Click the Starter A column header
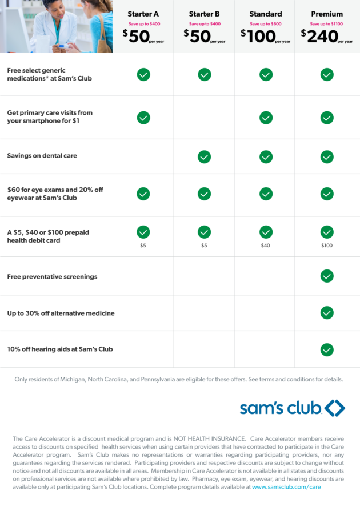[143, 14]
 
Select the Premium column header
[327, 14]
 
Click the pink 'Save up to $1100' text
[326, 23]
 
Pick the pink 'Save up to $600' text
[266, 23]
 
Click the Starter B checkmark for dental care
[204, 157]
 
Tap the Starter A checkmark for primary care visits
[143, 118]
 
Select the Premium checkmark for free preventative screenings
[327, 276]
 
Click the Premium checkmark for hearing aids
[327, 349]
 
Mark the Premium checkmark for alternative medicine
[327, 313]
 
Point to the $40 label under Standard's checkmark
[266, 246]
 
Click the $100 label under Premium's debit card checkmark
[327, 246]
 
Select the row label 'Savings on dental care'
[42, 155]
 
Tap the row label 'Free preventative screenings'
[52, 277]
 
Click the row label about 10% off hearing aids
[60, 349]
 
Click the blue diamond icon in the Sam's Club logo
[335, 408]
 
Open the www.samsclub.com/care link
[286, 487]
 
